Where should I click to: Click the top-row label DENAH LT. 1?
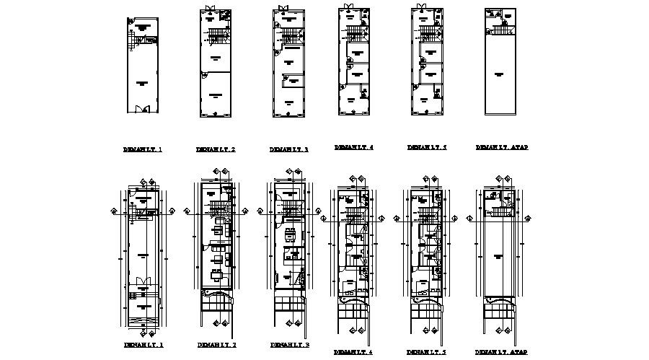tap(143, 150)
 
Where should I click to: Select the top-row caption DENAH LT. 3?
tap(288, 150)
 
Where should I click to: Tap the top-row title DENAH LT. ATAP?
tap(501, 147)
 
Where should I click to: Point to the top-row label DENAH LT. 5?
tap(427, 147)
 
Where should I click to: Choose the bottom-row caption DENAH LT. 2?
tap(215, 345)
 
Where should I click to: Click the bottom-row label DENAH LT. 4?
tap(353, 352)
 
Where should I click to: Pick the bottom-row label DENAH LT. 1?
tap(143, 345)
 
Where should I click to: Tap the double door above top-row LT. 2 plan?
tap(210, 9)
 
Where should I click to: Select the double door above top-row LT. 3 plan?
tap(282, 9)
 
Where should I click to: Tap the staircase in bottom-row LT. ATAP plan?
tap(499, 213)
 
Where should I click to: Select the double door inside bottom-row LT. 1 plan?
tap(143, 281)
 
